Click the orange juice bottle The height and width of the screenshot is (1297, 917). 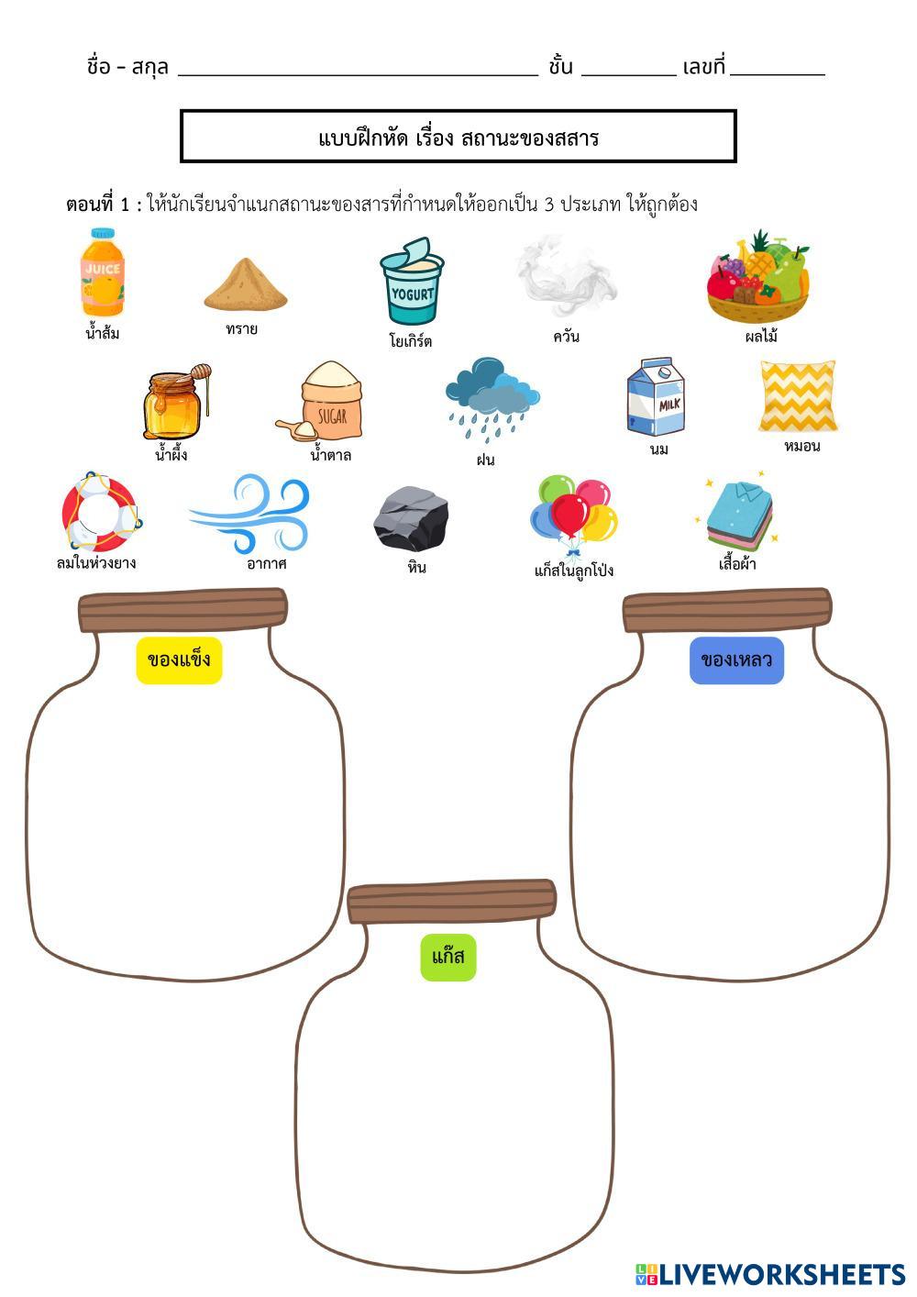pyautogui.click(x=101, y=272)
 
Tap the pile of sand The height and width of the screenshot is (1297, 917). pyautogui.click(x=245, y=285)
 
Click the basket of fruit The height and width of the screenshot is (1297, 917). pyautogui.click(x=758, y=277)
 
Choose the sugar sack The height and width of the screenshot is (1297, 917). pyautogui.click(x=328, y=401)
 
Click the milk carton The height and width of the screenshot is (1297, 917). pyautogui.click(x=657, y=397)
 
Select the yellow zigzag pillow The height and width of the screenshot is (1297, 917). pyautogui.click(x=798, y=396)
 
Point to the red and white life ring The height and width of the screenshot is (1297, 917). pyautogui.click(x=100, y=512)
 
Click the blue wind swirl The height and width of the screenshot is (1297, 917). pyautogui.click(x=249, y=514)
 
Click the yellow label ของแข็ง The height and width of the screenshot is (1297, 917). pyautogui.click(x=180, y=660)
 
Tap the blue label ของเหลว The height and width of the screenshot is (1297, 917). pyautogui.click(x=736, y=660)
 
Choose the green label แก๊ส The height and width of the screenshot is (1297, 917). pyautogui.click(x=448, y=958)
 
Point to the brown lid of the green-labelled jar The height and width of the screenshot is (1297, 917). pyautogui.click(x=452, y=902)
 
